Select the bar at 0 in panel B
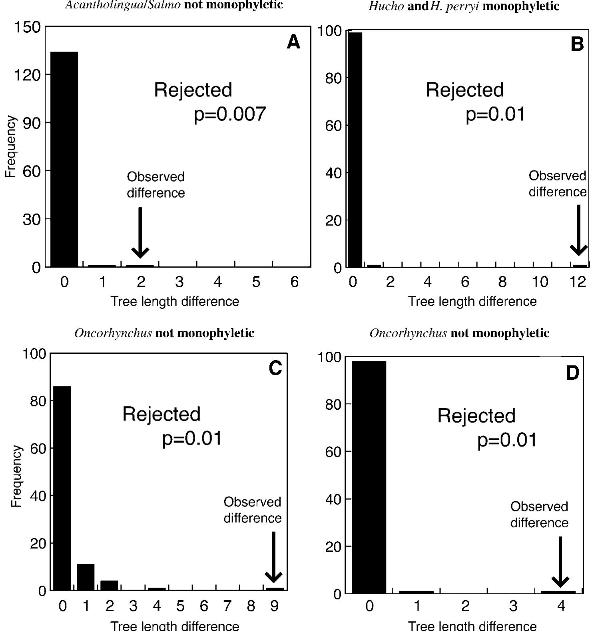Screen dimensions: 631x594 click(x=355, y=150)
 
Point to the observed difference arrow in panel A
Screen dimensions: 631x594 click(x=140, y=232)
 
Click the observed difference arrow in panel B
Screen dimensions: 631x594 click(x=578, y=230)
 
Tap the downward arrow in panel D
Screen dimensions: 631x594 click(x=560, y=562)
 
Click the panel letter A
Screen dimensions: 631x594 click(x=293, y=42)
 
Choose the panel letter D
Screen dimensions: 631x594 click(x=572, y=373)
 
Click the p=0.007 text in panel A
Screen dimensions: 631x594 click(x=230, y=114)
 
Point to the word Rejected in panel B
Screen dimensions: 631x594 click(x=464, y=90)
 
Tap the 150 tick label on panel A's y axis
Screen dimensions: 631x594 click(x=27, y=27)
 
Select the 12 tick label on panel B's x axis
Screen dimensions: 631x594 click(x=578, y=282)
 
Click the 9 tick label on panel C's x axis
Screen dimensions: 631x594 click(x=274, y=606)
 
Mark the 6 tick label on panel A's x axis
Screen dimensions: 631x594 click(x=294, y=282)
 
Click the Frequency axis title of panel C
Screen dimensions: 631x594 click(x=16, y=476)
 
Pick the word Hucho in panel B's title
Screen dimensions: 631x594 click(x=386, y=6)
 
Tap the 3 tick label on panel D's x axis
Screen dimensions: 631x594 click(x=513, y=606)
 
